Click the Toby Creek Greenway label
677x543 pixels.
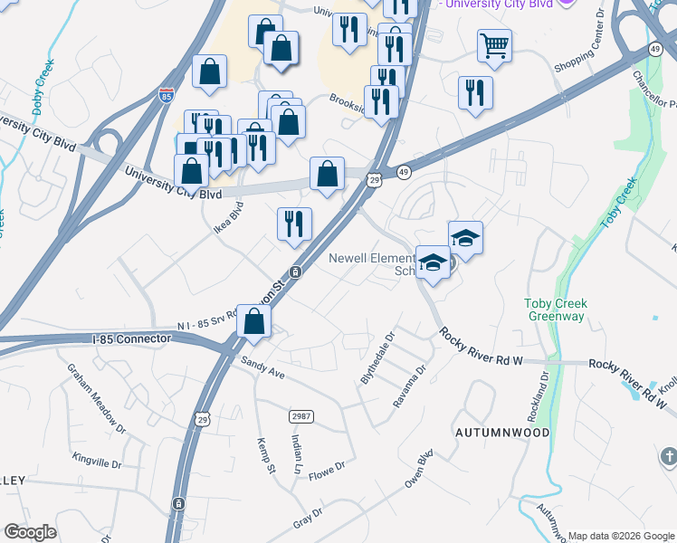pos(556,310)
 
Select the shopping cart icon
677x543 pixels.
pos(494,44)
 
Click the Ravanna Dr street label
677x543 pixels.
pos(409,386)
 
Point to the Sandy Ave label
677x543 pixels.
pos(262,367)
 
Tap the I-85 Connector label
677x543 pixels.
pos(131,338)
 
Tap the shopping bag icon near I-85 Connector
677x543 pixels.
pos(254,320)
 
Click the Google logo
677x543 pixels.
pos(30,532)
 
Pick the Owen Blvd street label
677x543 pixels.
pos(419,469)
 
